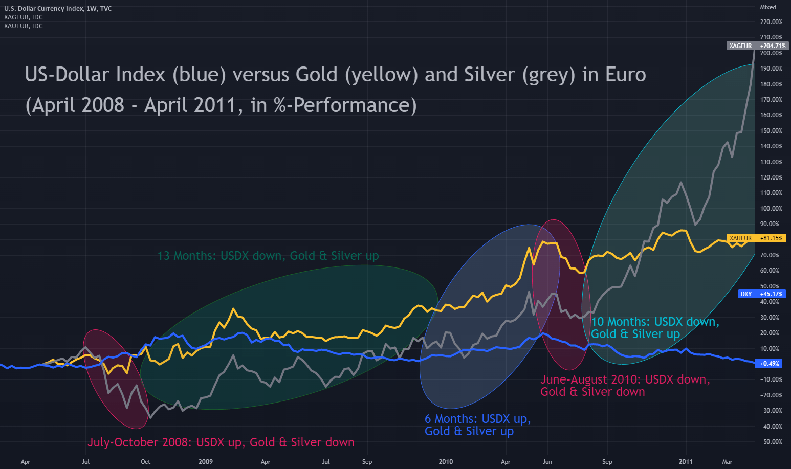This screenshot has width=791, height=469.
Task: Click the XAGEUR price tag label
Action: click(740, 46)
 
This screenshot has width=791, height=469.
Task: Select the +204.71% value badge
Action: click(773, 46)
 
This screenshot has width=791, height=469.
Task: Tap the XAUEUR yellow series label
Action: click(740, 238)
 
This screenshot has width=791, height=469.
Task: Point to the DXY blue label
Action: click(746, 294)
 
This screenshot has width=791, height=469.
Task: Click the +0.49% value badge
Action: click(770, 364)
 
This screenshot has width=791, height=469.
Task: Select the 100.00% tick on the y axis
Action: click(771, 209)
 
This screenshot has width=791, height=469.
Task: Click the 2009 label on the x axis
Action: click(205, 462)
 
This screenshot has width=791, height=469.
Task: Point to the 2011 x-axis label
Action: click(686, 462)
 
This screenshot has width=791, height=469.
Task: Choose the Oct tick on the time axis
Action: click(145, 462)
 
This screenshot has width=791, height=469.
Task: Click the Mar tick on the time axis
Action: click(727, 462)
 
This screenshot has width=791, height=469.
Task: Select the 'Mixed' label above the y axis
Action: click(768, 7)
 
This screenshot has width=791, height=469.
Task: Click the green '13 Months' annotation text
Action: click(268, 256)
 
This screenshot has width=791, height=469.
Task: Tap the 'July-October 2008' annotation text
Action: click(221, 442)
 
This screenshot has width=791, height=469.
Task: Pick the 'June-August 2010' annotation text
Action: click(625, 386)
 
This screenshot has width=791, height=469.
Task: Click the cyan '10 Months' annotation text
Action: click(655, 328)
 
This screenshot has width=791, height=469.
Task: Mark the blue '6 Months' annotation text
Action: click(477, 425)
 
